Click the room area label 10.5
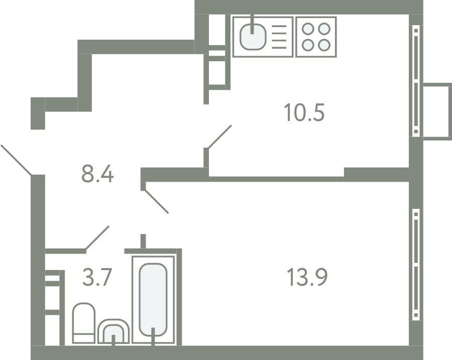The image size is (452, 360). pos(304,112)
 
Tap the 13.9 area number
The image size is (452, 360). pos(307,277)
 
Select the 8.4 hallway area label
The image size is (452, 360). pos(97,174)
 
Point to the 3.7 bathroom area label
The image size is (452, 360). pos(97,277)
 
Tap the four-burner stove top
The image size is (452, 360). pos(316,37)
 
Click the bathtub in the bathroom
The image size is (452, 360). pos(153,300)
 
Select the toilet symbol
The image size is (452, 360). pos(83,323)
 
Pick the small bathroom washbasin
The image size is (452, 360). pos(114,331)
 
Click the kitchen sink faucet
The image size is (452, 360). pos(252,24)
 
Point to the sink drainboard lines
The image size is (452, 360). pos(279,37)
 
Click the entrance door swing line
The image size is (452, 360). pos(16,160)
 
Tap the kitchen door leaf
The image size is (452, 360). pos(219,137)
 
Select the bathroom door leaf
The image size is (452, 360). pos(97,237)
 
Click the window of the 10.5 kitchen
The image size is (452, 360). pos(416,81)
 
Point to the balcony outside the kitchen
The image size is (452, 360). pos(437,112)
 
